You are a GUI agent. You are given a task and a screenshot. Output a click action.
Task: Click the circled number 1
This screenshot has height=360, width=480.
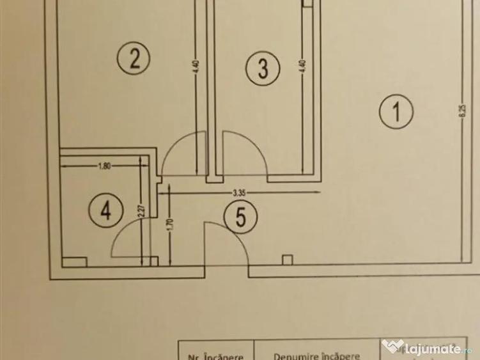tap(397, 113)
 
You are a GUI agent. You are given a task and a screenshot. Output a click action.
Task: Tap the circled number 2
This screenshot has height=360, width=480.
tap(134, 59)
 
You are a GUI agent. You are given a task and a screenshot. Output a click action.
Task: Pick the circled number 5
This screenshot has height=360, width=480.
tap(241, 217)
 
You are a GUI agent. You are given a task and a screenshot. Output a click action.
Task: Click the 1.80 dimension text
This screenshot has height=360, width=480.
tap(105, 166)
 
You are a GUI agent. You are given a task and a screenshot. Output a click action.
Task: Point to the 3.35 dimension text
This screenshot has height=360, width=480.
tap(240, 191)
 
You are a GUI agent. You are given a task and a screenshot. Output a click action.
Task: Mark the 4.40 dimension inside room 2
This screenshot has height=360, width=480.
tap(196, 67)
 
